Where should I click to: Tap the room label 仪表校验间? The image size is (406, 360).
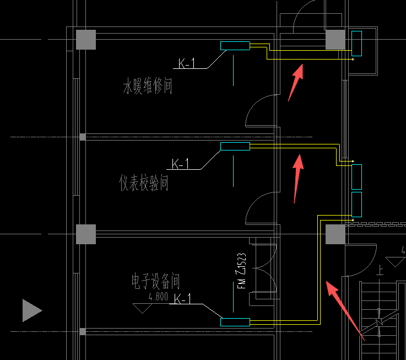click(144, 182)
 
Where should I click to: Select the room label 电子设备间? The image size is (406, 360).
click(155, 282)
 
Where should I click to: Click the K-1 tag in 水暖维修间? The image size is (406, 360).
click(187, 64)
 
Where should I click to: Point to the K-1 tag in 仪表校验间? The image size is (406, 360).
click(180, 164)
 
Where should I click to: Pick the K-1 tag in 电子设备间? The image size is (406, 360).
click(183, 299)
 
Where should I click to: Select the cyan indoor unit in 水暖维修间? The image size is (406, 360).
click(235, 46)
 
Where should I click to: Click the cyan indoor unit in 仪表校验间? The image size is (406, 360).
click(235, 146)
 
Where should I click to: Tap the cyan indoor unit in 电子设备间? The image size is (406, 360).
click(235, 322)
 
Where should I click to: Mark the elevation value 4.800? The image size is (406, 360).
click(158, 298)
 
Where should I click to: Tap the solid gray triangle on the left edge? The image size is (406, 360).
click(31, 310)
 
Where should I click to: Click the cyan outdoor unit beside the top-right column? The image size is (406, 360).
click(356, 44)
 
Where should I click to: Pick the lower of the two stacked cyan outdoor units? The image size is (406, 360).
click(356, 204)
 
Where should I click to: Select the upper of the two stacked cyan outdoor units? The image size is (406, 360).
click(356, 176)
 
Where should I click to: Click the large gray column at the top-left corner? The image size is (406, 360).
click(86, 39)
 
